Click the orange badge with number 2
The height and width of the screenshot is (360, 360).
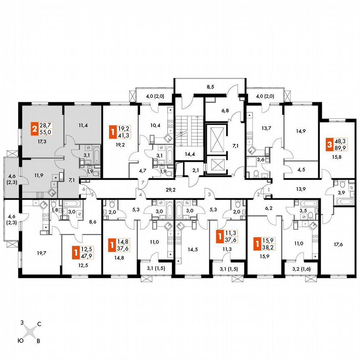(33, 127)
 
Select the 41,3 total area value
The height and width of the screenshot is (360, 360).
(123, 135)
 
